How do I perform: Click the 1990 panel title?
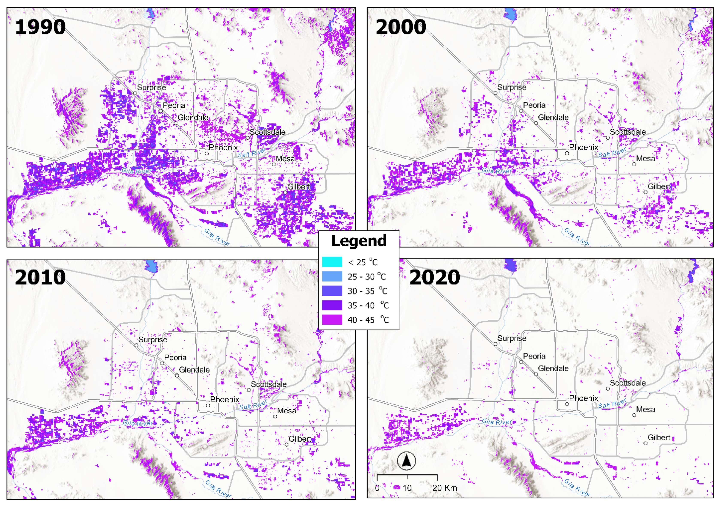pyautogui.click(x=40, y=27)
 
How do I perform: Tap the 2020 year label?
pyautogui.click(x=434, y=278)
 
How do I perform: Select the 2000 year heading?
pyautogui.click(x=401, y=27)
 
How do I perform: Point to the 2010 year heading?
pyautogui.click(x=40, y=278)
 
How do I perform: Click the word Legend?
pyautogui.click(x=359, y=241)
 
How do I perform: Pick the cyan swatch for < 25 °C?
pyautogui.click(x=332, y=262)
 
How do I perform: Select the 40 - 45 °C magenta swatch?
pyautogui.click(x=332, y=320)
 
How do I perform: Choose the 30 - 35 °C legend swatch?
pyautogui.click(x=332, y=291)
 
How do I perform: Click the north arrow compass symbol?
pyautogui.click(x=406, y=461)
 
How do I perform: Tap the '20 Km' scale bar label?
pyautogui.click(x=444, y=488)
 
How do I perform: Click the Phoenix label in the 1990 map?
pyautogui.click(x=223, y=147)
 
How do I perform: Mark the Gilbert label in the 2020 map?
pyautogui.click(x=659, y=438)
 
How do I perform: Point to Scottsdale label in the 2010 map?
pyautogui.click(x=268, y=384)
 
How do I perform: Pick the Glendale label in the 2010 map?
pyautogui.click(x=194, y=370)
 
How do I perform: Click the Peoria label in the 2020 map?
pyautogui.click(x=534, y=356)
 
